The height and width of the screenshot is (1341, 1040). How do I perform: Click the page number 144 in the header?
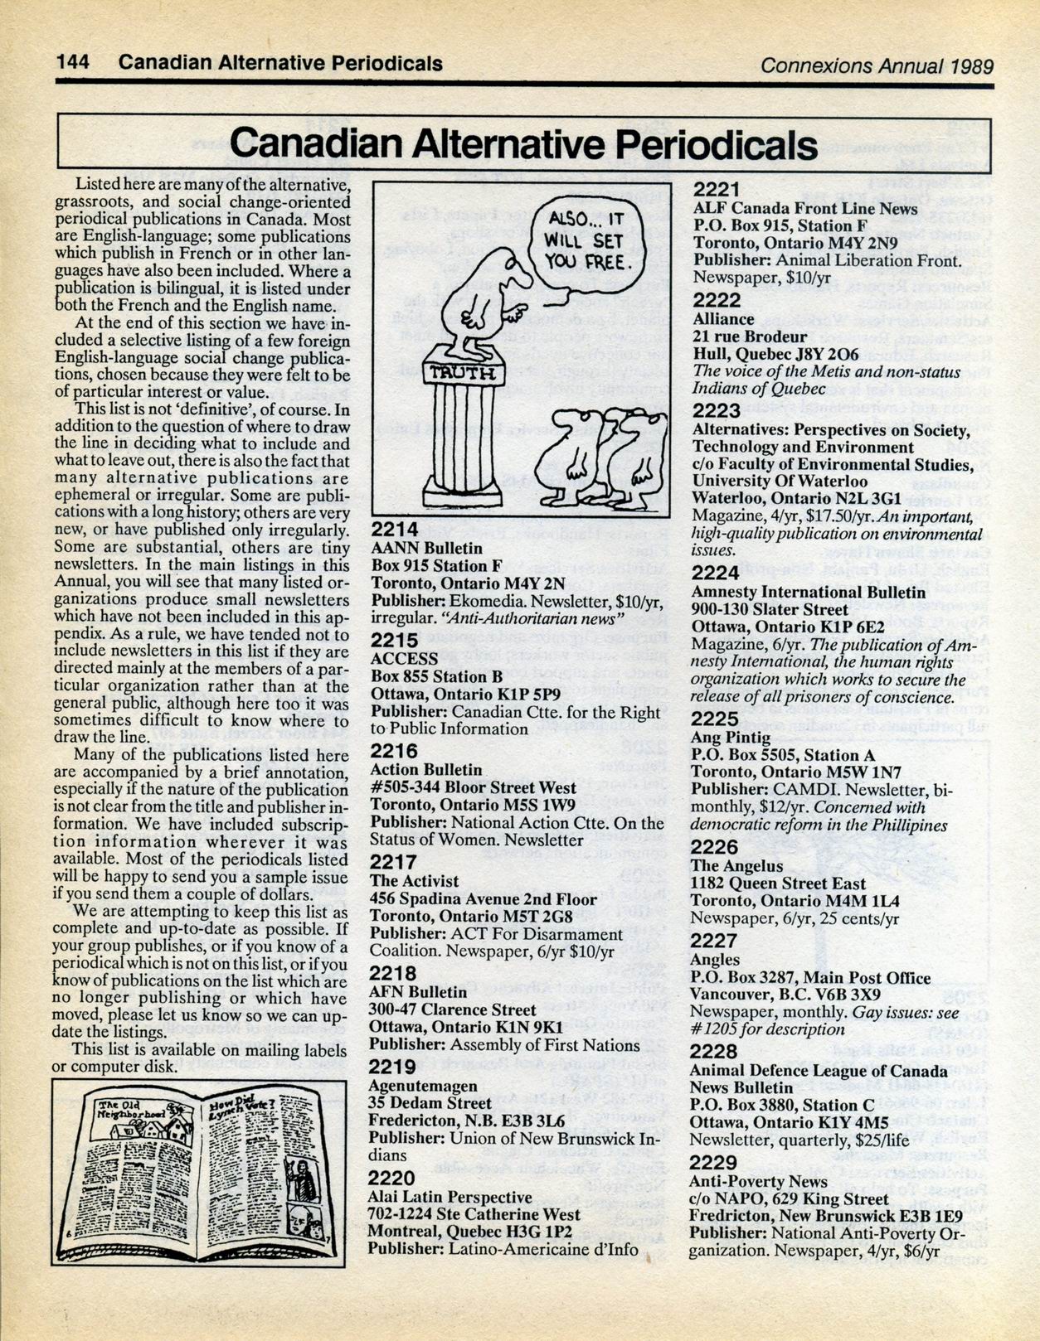point(72,64)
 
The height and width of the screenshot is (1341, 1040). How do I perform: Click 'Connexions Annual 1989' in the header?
point(877,65)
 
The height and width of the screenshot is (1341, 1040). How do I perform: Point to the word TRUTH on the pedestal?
point(462,372)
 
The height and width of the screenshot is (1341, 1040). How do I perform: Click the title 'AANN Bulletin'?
point(426,548)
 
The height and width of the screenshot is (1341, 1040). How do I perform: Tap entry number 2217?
point(393,863)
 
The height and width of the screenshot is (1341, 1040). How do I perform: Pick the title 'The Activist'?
point(414,881)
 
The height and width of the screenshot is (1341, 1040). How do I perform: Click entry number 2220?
point(391,1178)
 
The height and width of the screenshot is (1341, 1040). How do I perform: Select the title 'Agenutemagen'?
point(423,1086)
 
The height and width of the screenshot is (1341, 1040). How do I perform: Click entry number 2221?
point(716,190)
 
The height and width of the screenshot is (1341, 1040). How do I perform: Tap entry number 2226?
point(714,846)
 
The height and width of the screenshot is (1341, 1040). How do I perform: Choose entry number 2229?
point(713,1162)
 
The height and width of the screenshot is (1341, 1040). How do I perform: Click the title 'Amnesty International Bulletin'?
point(809,592)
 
